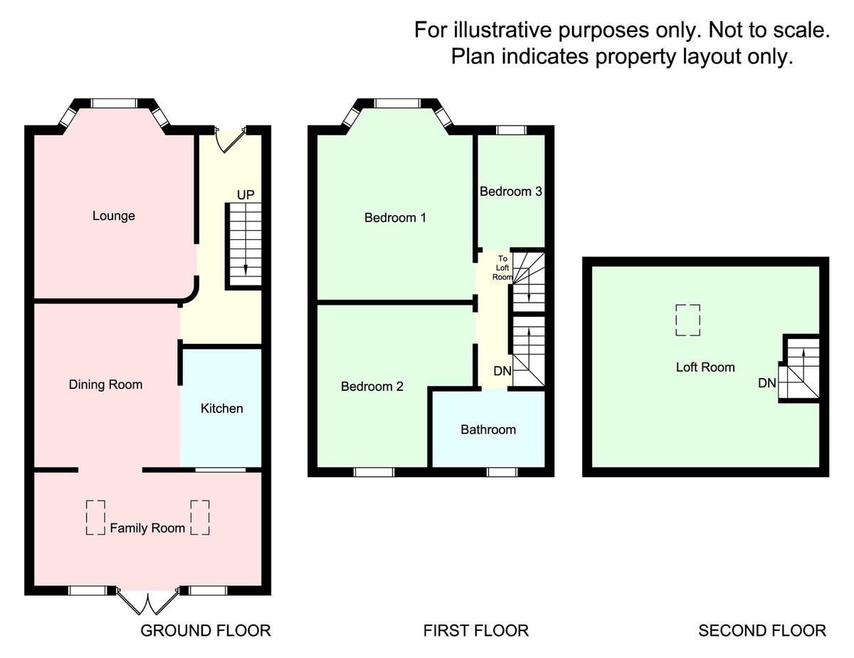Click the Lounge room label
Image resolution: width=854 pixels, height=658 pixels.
tap(114, 216)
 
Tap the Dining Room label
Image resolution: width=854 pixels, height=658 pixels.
tap(105, 385)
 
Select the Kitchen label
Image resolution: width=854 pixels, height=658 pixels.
tap(221, 408)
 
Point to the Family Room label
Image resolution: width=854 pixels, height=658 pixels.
tap(147, 528)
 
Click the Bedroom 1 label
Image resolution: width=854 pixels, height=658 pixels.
tap(395, 217)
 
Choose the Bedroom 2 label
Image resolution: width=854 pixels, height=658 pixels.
tap(372, 387)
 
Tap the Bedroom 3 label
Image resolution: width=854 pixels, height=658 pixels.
tap(511, 192)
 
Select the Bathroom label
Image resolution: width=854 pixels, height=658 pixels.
tap(488, 429)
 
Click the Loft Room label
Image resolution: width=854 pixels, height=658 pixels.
tap(705, 367)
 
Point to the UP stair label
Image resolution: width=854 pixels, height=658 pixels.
tap(246, 195)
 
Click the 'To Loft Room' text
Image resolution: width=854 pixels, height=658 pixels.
tap(503, 268)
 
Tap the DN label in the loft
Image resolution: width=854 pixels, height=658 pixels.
tap(766, 383)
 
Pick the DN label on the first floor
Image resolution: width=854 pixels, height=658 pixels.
tap(502, 371)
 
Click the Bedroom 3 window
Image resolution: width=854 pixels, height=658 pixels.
tap(511, 130)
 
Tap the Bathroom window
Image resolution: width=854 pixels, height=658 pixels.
tap(502, 471)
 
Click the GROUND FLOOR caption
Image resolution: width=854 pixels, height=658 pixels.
tap(206, 630)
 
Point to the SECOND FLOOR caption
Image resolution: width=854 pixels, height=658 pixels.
tap(762, 630)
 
